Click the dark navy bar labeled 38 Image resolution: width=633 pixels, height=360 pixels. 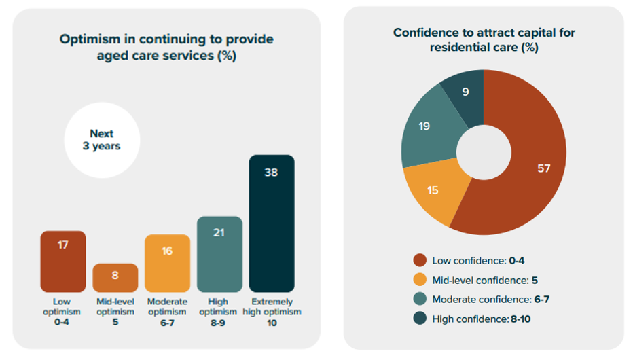[x=272, y=224]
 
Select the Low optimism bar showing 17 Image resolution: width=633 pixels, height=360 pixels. [x=63, y=262]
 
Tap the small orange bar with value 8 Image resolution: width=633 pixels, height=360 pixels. [x=115, y=278]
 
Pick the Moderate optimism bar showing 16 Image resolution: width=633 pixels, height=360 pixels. [x=167, y=264]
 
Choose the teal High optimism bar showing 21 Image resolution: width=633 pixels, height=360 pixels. [x=219, y=254]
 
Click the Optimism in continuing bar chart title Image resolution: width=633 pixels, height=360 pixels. [x=166, y=48]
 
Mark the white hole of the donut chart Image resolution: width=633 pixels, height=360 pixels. [x=483, y=149]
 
